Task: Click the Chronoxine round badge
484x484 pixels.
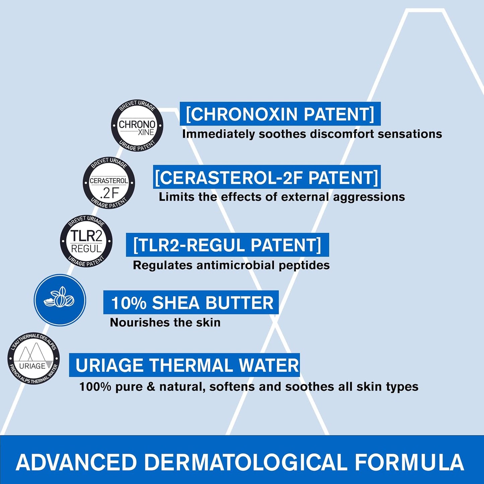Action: point(137,126)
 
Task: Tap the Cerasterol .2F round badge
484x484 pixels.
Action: point(109,183)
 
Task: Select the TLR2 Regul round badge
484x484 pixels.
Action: point(86,241)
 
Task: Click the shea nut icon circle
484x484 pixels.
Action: point(60,300)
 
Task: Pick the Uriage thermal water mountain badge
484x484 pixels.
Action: point(33,358)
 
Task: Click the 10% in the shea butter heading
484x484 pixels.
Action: point(129,303)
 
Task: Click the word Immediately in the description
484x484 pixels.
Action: point(218,134)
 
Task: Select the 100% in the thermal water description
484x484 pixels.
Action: point(95,387)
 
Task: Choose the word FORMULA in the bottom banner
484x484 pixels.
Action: point(409,463)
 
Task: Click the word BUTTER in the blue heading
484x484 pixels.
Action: point(239,303)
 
